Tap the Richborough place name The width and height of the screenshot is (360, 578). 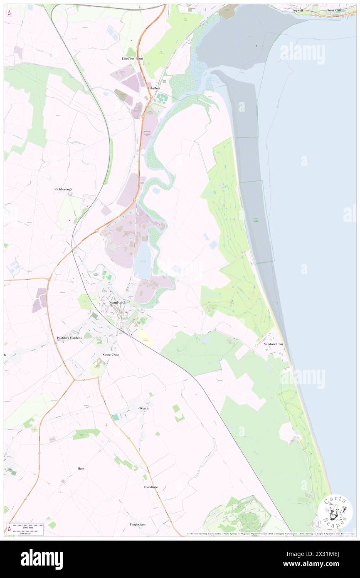click(63, 189)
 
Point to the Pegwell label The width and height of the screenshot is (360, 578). click(297, 10)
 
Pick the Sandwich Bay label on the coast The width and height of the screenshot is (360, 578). click(274, 344)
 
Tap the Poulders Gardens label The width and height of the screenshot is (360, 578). click(69, 338)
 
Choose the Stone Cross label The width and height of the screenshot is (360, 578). click(111, 355)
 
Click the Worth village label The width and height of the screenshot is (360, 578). click(144, 408)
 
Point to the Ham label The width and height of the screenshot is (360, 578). click(81, 468)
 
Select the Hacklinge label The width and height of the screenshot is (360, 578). click(151, 487)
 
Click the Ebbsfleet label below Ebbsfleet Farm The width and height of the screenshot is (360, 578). click(154, 89)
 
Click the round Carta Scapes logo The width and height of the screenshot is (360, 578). click(335, 511)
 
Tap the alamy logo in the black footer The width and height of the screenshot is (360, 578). click(42, 559)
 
